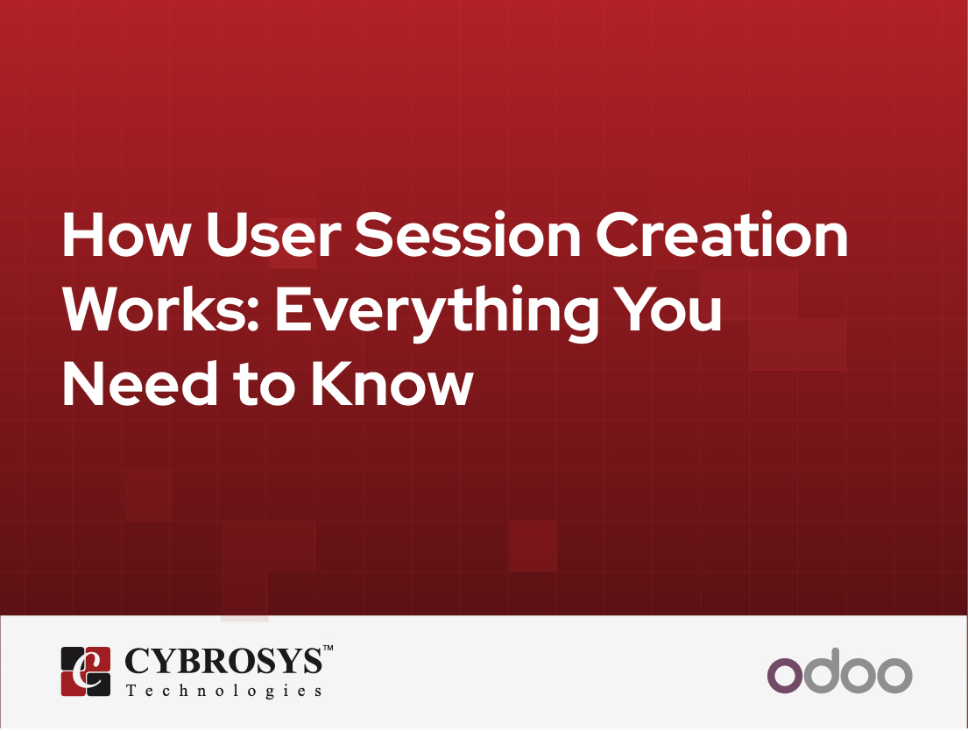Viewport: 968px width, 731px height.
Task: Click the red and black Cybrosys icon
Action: pos(86,671)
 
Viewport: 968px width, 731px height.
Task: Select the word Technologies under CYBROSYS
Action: pos(224,691)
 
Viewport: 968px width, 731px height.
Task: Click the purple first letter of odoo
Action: pos(785,675)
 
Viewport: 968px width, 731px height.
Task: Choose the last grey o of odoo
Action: pos(894,675)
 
